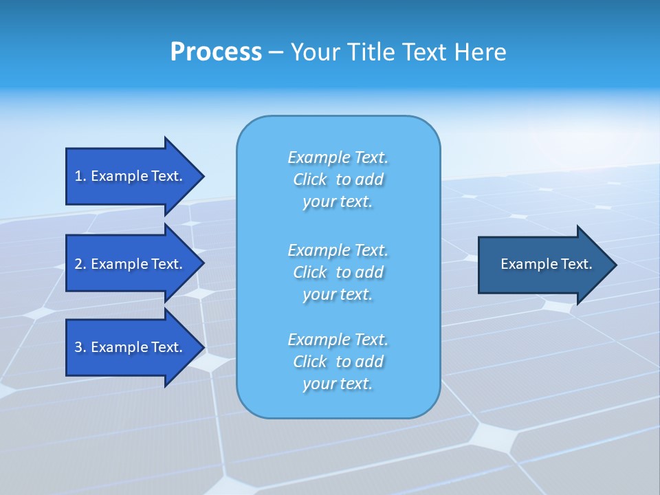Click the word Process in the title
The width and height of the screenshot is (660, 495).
tap(216, 52)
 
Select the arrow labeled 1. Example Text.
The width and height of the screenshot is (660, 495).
tap(129, 176)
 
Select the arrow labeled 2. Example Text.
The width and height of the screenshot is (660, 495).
tap(129, 264)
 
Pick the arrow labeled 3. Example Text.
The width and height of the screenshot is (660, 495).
tap(129, 347)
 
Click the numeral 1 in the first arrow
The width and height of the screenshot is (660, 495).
tap(78, 176)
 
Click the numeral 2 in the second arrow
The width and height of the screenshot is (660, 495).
tap(78, 264)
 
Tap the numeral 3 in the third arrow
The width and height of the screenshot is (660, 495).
tap(78, 347)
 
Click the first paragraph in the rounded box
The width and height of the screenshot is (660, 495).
tap(338, 179)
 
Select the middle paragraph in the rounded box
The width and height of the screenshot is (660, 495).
tap(338, 272)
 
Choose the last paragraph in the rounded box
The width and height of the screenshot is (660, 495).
tap(338, 362)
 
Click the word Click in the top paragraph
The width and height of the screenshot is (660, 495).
tap(310, 179)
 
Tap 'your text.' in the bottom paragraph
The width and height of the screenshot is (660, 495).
tap(338, 384)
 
